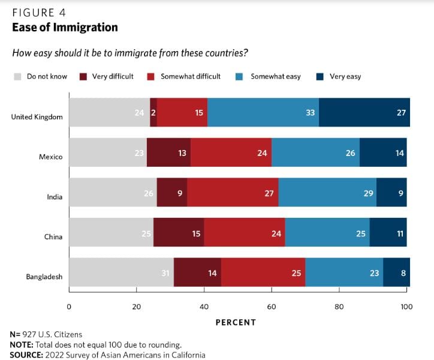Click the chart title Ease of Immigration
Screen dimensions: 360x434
(65, 27)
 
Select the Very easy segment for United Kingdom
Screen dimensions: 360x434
(364, 113)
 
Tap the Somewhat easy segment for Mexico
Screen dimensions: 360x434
(315, 153)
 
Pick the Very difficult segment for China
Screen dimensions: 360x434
(179, 233)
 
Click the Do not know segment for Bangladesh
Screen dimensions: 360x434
(121, 274)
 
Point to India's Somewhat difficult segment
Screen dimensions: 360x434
(233, 193)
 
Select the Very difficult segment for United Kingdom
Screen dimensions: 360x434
(153, 113)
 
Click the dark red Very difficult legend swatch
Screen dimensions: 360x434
(84, 77)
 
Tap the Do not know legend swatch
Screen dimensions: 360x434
(18, 77)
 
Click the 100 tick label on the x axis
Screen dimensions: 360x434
(406, 307)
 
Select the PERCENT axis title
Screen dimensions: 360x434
(236, 322)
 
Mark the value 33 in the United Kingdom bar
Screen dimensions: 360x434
(311, 113)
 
